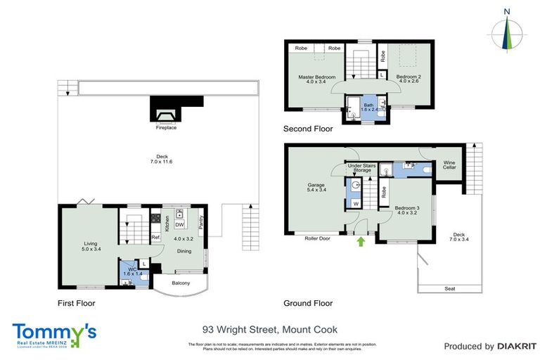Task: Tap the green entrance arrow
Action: [x=361, y=242]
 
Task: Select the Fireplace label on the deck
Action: [x=166, y=128]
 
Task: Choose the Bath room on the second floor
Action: [x=369, y=107]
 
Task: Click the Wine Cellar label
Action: [x=450, y=165]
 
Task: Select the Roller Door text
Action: [x=317, y=238]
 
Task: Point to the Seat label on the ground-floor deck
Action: [x=449, y=288]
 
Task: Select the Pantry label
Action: [x=201, y=221]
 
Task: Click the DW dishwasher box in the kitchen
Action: [x=180, y=225]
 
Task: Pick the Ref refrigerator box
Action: [x=155, y=238]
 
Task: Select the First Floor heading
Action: [x=76, y=304]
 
